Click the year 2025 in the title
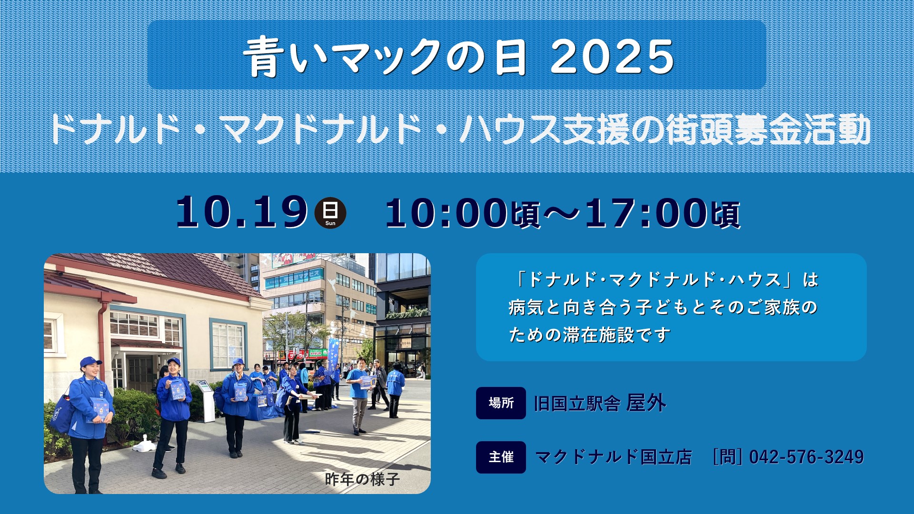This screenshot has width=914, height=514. pyautogui.click(x=612, y=57)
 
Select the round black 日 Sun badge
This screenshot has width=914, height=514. pyautogui.click(x=330, y=213)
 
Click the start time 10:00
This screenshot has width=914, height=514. pyautogui.click(x=447, y=213)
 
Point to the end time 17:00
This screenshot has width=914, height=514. pyautogui.click(x=646, y=213)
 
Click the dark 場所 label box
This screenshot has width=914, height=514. pyautogui.click(x=501, y=403)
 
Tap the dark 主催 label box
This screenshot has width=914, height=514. pyautogui.click(x=501, y=457)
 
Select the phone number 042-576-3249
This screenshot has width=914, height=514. pyautogui.click(x=806, y=457)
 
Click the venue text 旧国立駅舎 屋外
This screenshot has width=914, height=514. pyautogui.click(x=600, y=403)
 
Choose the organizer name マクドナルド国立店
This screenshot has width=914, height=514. pyautogui.click(x=614, y=457)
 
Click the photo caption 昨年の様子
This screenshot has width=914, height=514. pyautogui.click(x=362, y=479)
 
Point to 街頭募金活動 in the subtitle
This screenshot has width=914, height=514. pyautogui.click(x=768, y=129)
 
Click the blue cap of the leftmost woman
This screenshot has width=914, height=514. pyautogui.click(x=90, y=362)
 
